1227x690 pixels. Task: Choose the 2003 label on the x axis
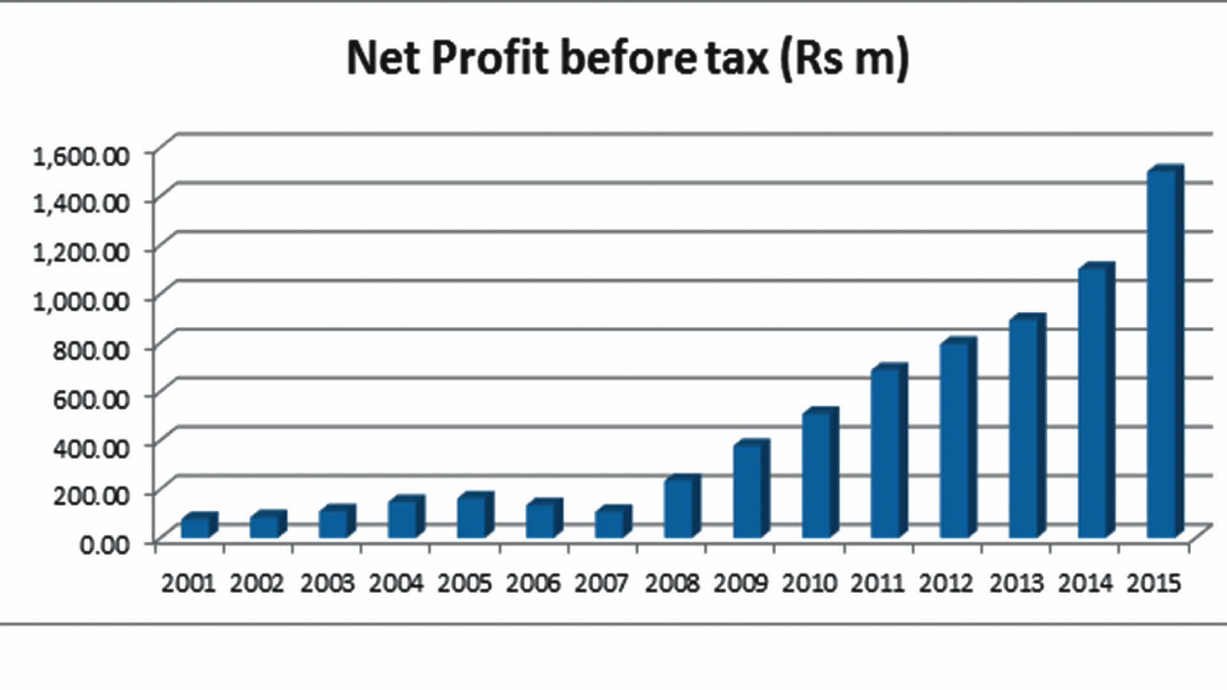click(x=327, y=583)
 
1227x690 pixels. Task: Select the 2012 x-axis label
click(x=946, y=583)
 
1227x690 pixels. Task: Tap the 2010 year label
click(x=809, y=583)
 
